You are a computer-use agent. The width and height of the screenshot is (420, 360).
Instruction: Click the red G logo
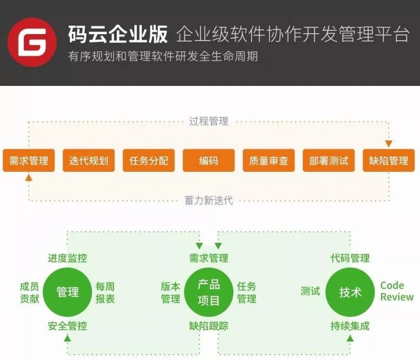pyautogui.click(x=32, y=42)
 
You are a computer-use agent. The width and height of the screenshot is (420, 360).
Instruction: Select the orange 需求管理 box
pyautogui.click(x=28, y=161)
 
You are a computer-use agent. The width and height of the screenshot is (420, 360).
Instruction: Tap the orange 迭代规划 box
pyautogui.click(x=89, y=161)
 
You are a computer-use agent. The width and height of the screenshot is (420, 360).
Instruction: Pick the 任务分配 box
pyautogui.click(x=148, y=161)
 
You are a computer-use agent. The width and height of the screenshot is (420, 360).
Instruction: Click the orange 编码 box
pyautogui.click(x=209, y=161)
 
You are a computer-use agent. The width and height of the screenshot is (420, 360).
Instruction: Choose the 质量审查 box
pyautogui.click(x=268, y=161)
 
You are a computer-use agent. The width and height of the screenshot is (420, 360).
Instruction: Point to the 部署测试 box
pyautogui.click(x=329, y=161)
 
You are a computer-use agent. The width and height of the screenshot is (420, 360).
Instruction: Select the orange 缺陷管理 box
pyautogui.click(x=389, y=161)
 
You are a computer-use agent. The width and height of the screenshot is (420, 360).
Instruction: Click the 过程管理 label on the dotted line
pyautogui.click(x=209, y=121)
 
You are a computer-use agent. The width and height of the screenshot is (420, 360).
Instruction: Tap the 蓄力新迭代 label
pyautogui.click(x=209, y=201)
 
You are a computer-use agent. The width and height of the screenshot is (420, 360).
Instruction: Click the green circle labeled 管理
pyautogui.click(x=68, y=292)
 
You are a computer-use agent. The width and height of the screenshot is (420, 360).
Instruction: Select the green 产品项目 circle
pyautogui.click(x=209, y=292)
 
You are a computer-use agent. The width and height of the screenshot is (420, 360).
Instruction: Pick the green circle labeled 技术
pyautogui.click(x=350, y=292)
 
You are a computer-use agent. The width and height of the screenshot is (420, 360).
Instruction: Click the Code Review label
pyautogui.click(x=397, y=291)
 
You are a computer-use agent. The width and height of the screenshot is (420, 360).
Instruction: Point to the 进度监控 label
pyautogui.click(x=67, y=258)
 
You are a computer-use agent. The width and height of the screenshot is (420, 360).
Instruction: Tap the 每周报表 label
pyautogui.click(x=105, y=292)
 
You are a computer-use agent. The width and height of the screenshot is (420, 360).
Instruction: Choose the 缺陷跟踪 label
pyautogui.click(x=209, y=326)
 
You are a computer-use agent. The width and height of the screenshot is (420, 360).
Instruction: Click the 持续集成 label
pyautogui.click(x=350, y=326)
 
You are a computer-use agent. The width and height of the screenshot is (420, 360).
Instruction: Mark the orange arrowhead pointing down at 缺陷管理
pyautogui.click(x=389, y=144)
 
